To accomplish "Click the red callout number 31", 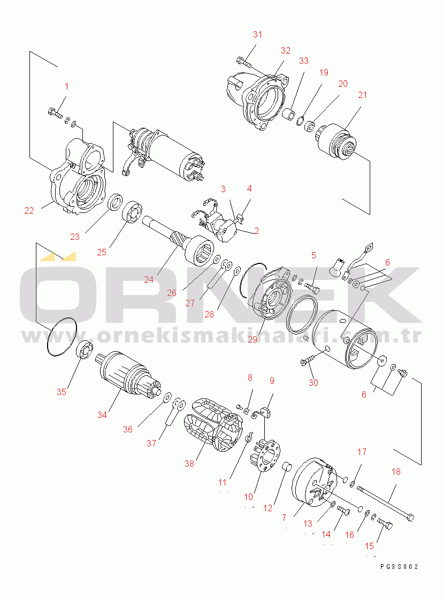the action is pos(258,34).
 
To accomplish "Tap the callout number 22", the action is pos(29,210).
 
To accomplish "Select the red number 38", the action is pos(189,464).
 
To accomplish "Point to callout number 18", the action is pos(396,472).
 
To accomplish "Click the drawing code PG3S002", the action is pos(399,567).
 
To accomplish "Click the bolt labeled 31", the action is pos(245,63).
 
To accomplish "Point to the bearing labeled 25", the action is pos(132,212).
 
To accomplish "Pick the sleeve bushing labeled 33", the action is pos(289,113).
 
